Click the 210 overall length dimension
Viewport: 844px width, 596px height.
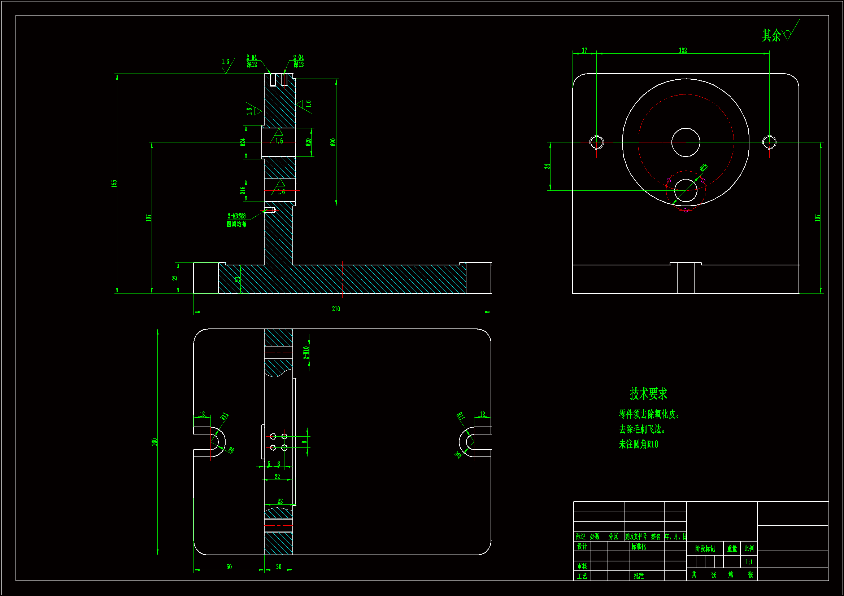[x=336, y=309]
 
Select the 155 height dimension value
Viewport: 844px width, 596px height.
[x=114, y=183]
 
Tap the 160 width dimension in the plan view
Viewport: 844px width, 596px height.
[x=155, y=442]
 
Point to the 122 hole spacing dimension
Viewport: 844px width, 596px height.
[x=683, y=50]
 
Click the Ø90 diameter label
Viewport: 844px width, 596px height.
[x=333, y=142]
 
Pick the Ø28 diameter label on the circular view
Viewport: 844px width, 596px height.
[x=703, y=168]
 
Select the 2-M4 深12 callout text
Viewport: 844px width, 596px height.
[x=252, y=61]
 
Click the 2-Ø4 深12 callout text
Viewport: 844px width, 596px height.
[x=299, y=61]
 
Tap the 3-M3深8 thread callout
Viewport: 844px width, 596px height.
[x=237, y=216]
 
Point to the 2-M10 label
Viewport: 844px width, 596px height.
[x=306, y=353]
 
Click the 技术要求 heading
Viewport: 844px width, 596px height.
[x=648, y=394]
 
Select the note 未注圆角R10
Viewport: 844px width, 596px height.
[x=639, y=444]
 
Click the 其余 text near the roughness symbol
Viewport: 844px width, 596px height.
[x=771, y=36]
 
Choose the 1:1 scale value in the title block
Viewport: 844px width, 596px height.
[x=749, y=562]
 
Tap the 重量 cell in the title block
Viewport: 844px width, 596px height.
[x=732, y=549]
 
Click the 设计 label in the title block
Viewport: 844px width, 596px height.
[x=582, y=547]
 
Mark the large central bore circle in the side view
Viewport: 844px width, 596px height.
[x=686, y=142]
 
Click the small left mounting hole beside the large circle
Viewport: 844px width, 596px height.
[x=596, y=142]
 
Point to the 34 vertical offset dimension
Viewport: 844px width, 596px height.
[x=547, y=166]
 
